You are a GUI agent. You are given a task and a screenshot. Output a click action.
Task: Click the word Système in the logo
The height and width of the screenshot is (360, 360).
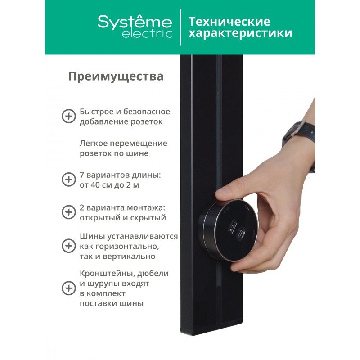coord(135,22)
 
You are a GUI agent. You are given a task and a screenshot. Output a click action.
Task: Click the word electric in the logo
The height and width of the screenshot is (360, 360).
coord(147,34)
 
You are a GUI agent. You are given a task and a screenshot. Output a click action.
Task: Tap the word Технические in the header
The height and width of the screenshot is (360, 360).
coord(229,21)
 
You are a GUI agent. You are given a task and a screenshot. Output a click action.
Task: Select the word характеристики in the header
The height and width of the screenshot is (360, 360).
coord(240,33)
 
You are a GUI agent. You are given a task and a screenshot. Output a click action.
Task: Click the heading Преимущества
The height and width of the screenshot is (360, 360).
coord(116,76)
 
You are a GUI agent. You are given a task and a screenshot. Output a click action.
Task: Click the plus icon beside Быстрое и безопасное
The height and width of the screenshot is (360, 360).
coord(69,116)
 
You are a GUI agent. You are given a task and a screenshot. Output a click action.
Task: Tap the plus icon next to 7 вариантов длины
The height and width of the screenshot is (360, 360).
coord(69,180)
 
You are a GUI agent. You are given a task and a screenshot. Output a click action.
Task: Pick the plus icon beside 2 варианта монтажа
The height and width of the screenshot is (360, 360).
coord(69,212)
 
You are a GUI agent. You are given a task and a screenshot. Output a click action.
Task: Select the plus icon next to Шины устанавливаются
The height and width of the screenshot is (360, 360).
coord(69,246)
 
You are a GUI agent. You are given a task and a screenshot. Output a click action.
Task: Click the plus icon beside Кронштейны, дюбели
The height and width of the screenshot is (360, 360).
coord(69,288)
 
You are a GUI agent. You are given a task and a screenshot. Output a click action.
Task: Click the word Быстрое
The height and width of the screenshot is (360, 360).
coord(97,112)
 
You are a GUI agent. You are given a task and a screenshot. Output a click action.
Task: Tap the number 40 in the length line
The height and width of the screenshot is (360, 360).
coord(95,185)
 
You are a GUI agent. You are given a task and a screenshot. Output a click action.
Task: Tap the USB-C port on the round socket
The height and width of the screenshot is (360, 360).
coord(242,234)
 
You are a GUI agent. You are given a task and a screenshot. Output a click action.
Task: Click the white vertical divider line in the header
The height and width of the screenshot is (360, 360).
coord(181,27)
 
